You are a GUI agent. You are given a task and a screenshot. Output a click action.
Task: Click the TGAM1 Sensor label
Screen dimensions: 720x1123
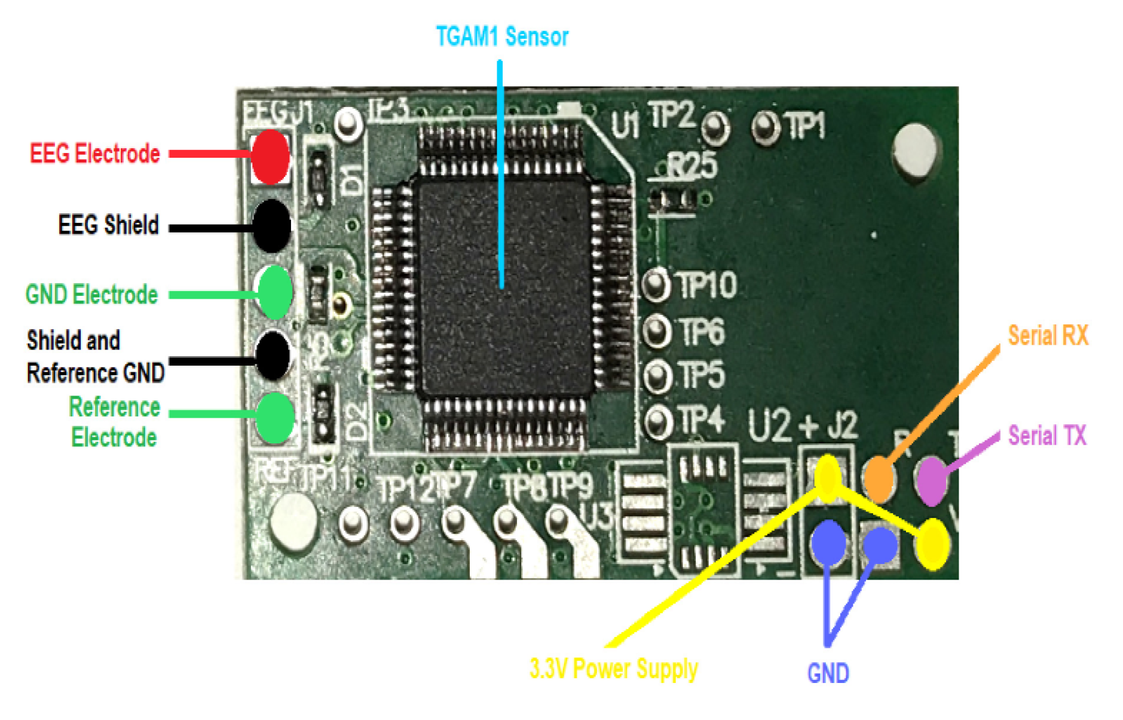click(501, 37)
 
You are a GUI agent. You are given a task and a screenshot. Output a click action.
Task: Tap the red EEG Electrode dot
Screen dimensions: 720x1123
click(270, 157)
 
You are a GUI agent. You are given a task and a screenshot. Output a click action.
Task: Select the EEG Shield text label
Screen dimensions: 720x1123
click(108, 225)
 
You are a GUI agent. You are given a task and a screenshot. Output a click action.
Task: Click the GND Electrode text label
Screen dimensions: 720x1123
click(91, 295)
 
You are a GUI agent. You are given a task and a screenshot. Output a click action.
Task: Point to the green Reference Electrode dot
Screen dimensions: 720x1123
click(274, 418)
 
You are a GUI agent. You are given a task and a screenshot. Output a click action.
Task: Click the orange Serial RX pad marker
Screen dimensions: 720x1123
click(879, 478)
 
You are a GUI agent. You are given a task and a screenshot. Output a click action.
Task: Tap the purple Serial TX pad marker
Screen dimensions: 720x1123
click(931, 479)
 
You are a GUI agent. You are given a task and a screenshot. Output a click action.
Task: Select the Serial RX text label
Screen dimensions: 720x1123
click(1048, 336)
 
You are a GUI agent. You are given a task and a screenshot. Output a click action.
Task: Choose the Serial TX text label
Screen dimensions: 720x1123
click(1047, 436)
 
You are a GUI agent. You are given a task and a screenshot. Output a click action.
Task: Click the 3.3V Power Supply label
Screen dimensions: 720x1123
click(614, 669)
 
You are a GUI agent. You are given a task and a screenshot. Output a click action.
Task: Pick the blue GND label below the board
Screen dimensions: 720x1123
click(828, 673)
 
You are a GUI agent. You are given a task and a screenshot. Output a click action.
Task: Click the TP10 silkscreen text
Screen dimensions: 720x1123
click(708, 285)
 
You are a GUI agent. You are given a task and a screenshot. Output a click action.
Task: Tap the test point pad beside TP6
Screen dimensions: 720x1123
click(656, 330)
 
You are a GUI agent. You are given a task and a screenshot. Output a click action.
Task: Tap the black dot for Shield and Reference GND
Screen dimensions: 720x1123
click(273, 355)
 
